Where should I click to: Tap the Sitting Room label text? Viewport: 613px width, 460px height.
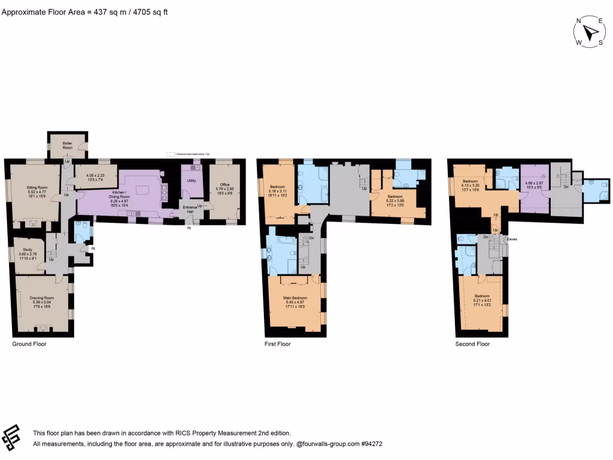pyautogui.click(x=36, y=187)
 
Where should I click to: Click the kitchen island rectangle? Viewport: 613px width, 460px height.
pyautogui.click(x=141, y=190)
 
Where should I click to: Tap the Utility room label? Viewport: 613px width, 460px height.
pyautogui.click(x=192, y=180)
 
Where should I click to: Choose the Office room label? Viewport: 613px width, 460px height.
pyautogui.click(x=224, y=184)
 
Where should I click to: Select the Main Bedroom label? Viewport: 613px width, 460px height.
pyautogui.click(x=295, y=298)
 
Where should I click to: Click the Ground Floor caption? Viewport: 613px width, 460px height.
pyautogui.click(x=29, y=344)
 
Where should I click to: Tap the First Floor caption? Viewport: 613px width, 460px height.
pyautogui.click(x=278, y=344)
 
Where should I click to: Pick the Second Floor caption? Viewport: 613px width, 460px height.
pyautogui.click(x=472, y=344)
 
